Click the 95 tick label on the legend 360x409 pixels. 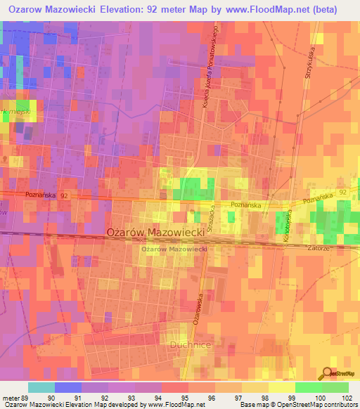184,397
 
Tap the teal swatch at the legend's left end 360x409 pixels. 41,387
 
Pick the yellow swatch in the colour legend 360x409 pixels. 281,387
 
